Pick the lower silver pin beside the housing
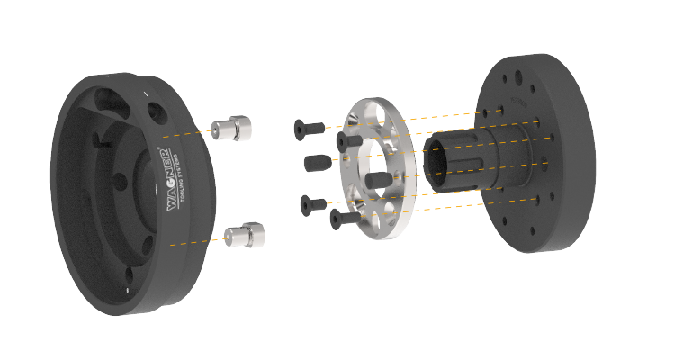pyautogui.click(x=245, y=236)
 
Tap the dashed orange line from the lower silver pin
pyautogui.click(x=198, y=240)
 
